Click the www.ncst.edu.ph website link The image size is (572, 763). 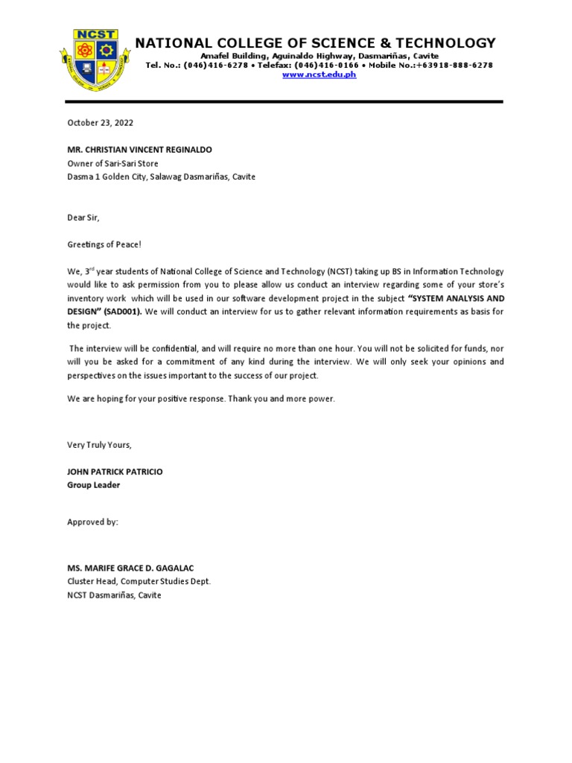(x=319, y=75)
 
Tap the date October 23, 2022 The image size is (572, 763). (x=101, y=123)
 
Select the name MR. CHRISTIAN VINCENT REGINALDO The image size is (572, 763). (x=140, y=150)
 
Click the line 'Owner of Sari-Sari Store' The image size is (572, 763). (x=112, y=163)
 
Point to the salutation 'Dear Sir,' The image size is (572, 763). (x=83, y=217)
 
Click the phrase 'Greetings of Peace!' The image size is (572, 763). (x=104, y=244)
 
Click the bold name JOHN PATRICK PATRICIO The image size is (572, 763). (x=115, y=472)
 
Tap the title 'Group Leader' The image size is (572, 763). (x=93, y=485)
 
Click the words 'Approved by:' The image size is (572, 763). (x=92, y=522)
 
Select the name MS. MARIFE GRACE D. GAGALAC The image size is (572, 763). (x=132, y=568)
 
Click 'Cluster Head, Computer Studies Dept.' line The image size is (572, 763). (x=139, y=581)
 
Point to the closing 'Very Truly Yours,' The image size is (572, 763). (x=99, y=445)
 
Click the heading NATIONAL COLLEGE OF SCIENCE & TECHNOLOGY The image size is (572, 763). (x=315, y=42)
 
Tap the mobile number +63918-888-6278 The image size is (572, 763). (x=454, y=66)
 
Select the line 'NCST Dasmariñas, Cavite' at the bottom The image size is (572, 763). (x=114, y=595)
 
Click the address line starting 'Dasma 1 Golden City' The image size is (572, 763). (x=161, y=177)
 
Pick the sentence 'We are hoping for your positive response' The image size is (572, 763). (x=145, y=399)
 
